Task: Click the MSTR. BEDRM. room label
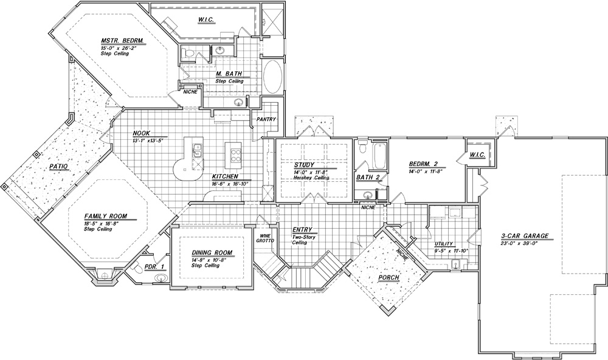click(123, 41)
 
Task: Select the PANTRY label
click(266, 119)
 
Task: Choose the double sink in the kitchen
click(197, 150)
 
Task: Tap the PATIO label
click(58, 167)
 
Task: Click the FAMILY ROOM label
click(106, 216)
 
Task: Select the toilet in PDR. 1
click(136, 268)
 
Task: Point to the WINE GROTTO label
click(265, 238)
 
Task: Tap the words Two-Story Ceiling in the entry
click(303, 240)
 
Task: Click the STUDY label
click(304, 165)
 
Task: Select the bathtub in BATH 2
click(379, 156)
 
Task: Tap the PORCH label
click(389, 278)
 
